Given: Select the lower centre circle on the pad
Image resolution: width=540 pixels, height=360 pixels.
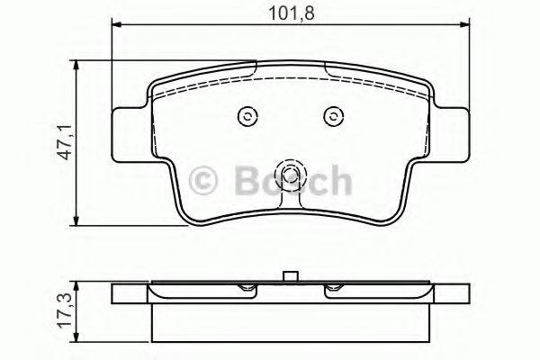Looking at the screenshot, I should pos(290,177).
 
